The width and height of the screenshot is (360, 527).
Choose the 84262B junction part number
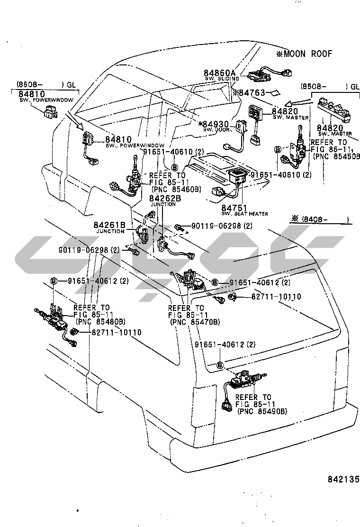(x=165, y=199)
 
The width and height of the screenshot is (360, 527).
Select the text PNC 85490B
(x=262, y=412)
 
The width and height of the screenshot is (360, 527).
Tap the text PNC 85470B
(x=194, y=322)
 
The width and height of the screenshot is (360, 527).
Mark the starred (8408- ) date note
(x=322, y=219)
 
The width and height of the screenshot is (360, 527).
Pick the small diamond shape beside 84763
(x=275, y=92)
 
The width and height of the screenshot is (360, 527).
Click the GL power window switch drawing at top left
(x=49, y=112)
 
